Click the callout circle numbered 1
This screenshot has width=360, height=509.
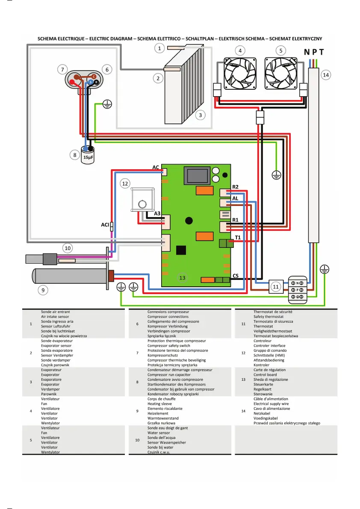click(159, 48)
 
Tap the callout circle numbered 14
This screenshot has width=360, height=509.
click(326, 75)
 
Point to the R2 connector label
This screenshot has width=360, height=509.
click(235, 187)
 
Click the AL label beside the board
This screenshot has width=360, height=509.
click(235, 198)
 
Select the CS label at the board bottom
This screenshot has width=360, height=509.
click(236, 276)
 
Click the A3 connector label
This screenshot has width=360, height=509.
click(157, 214)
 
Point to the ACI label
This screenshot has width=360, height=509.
click(105, 224)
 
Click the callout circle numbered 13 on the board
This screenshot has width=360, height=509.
click(183, 278)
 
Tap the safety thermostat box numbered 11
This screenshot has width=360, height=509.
click(276, 286)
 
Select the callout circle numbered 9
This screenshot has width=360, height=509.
click(42, 290)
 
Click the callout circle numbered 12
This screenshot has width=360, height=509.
click(125, 184)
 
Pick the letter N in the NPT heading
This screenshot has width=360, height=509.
click(307, 52)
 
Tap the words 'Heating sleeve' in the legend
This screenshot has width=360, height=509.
click(160, 403)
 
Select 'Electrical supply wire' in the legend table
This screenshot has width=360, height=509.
click(271, 403)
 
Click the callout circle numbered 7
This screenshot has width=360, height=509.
click(63, 69)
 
